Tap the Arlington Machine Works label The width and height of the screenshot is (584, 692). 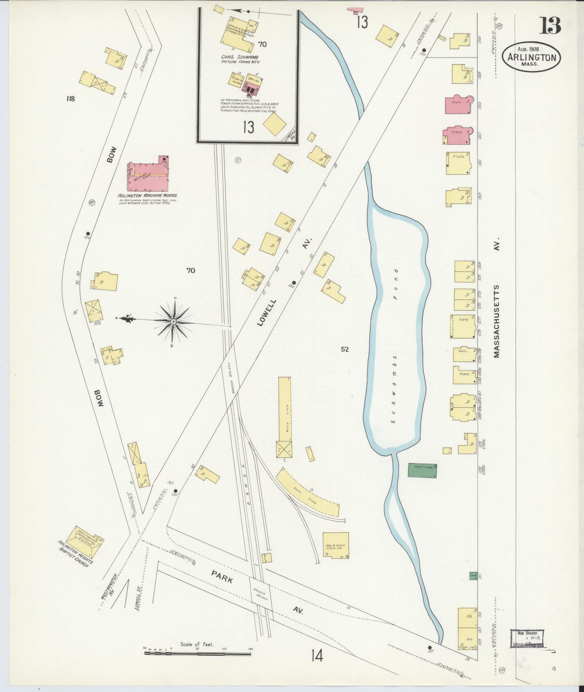(x=148, y=195)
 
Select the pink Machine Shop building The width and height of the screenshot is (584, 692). (x=148, y=177)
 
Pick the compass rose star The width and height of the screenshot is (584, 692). (x=173, y=321)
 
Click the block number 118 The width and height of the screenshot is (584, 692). (x=70, y=98)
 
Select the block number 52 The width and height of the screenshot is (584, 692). (x=345, y=349)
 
